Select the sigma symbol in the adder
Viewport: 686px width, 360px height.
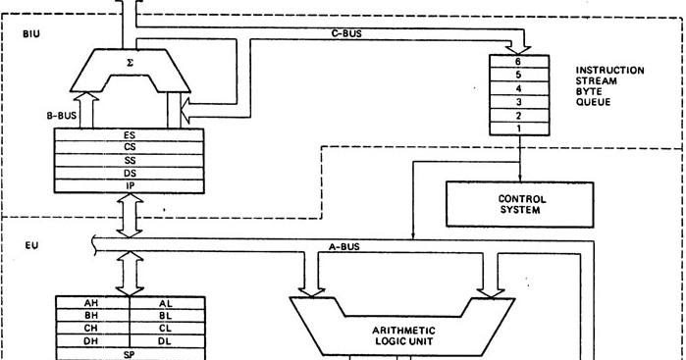(130, 62)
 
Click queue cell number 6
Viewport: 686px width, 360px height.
(518, 61)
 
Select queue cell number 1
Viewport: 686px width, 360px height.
(518, 128)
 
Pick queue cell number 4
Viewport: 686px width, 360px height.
(518, 87)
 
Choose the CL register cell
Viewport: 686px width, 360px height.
(165, 328)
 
